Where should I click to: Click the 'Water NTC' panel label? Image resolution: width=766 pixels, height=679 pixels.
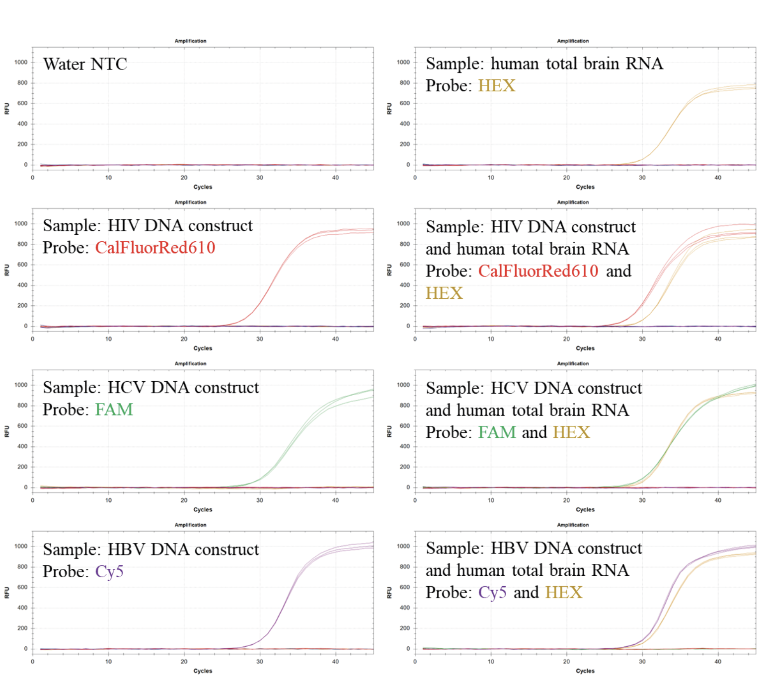(85, 64)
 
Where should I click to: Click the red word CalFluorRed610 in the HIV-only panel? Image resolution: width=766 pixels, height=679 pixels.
(155, 247)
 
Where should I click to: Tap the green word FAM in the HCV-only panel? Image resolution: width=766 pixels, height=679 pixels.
(114, 409)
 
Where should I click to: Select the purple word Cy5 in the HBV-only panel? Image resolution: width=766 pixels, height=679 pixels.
(109, 571)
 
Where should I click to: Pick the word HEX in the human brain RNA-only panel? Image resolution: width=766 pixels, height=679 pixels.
(496, 86)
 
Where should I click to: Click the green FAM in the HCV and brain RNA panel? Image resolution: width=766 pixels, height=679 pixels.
(497, 432)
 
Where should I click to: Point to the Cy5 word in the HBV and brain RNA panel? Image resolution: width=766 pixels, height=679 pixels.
(492, 593)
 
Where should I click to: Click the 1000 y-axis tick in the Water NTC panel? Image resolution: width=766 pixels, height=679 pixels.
(21, 63)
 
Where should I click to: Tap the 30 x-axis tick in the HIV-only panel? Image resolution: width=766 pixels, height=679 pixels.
(260, 339)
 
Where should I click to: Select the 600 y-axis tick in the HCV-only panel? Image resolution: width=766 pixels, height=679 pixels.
(22, 426)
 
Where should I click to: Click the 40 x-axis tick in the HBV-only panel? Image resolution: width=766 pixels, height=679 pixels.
(335, 662)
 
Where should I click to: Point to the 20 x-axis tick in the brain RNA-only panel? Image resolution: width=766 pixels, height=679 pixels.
(566, 178)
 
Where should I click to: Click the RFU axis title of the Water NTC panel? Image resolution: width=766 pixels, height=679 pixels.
(7, 109)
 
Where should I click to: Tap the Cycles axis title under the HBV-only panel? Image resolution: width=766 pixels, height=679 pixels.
(203, 671)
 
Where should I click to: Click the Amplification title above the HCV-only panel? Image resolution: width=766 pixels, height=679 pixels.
(190, 364)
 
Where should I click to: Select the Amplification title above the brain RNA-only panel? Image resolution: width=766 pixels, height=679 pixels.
(573, 41)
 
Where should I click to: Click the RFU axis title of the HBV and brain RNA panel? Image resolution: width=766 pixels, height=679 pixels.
(389, 593)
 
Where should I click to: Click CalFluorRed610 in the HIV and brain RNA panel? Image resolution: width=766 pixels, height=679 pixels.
(538, 271)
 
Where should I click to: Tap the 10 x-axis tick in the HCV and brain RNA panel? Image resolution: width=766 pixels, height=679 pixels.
(491, 500)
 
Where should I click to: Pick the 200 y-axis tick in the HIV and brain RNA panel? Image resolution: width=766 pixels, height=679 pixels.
(405, 306)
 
